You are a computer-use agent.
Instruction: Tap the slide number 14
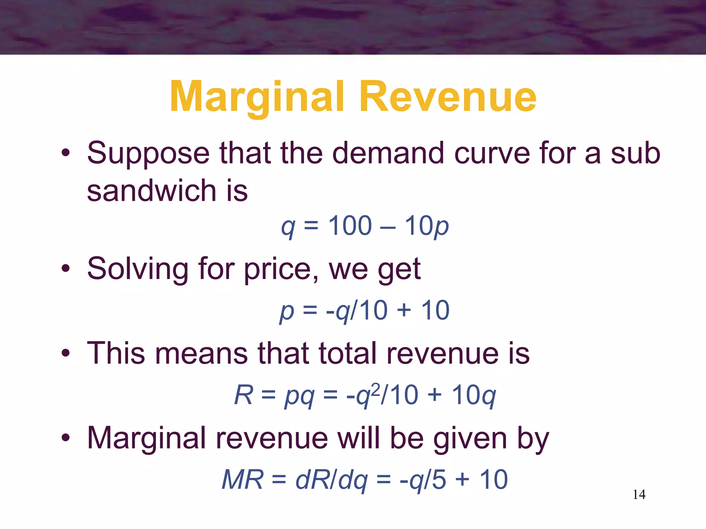(x=639, y=495)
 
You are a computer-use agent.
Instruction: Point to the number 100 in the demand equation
(x=350, y=226)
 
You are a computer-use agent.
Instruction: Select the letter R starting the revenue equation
(x=244, y=395)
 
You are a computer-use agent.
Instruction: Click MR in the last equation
(x=242, y=480)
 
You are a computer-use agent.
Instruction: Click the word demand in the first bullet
(x=388, y=153)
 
